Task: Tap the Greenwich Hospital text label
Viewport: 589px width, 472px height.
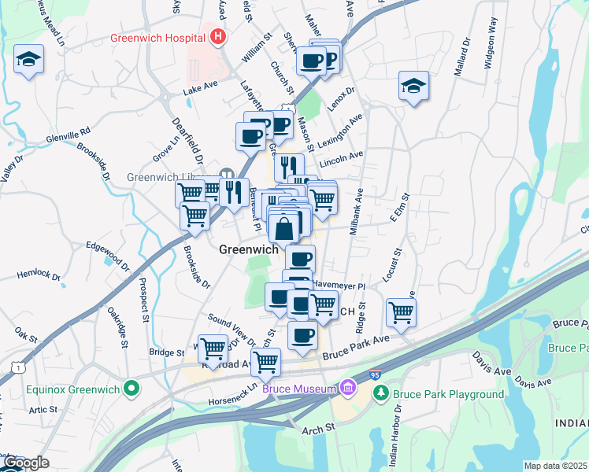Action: click(158, 37)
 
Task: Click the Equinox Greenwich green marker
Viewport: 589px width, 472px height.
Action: click(133, 389)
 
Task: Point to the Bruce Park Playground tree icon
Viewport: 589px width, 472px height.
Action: click(380, 393)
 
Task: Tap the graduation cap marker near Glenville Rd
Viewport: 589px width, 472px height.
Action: click(28, 60)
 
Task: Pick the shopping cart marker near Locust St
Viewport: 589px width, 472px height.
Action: click(401, 312)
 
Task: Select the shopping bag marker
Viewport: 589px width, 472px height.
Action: click(284, 228)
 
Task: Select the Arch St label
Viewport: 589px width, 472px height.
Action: click(319, 427)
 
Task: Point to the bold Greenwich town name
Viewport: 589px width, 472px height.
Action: click(248, 249)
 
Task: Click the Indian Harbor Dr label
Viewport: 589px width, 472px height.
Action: click(395, 435)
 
